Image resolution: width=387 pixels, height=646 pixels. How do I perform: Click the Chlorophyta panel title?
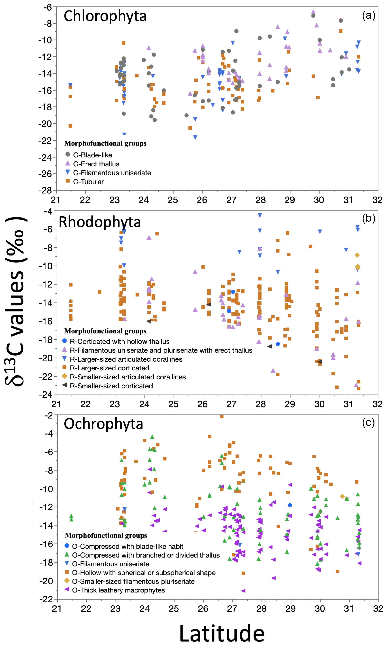(105, 16)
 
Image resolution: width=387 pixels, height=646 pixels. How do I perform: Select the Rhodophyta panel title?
(100, 222)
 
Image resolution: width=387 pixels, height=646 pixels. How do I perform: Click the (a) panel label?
(368, 15)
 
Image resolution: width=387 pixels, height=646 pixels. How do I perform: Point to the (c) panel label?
(368, 422)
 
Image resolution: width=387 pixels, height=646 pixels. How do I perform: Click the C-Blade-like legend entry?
(92, 155)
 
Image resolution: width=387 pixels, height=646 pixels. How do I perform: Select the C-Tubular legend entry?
(88, 182)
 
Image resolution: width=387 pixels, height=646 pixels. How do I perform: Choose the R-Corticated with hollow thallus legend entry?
(119, 341)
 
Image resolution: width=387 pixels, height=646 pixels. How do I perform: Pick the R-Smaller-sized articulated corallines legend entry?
(128, 377)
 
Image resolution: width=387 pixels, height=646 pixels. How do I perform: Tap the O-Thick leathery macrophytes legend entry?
(118, 590)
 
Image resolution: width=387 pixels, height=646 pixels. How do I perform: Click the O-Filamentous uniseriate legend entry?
(110, 564)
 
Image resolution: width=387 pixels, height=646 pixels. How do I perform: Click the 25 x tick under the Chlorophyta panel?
(173, 200)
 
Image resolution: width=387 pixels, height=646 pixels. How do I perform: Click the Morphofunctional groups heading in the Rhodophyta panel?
(105, 331)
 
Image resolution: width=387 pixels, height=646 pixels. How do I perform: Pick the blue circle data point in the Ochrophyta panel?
(290, 505)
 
